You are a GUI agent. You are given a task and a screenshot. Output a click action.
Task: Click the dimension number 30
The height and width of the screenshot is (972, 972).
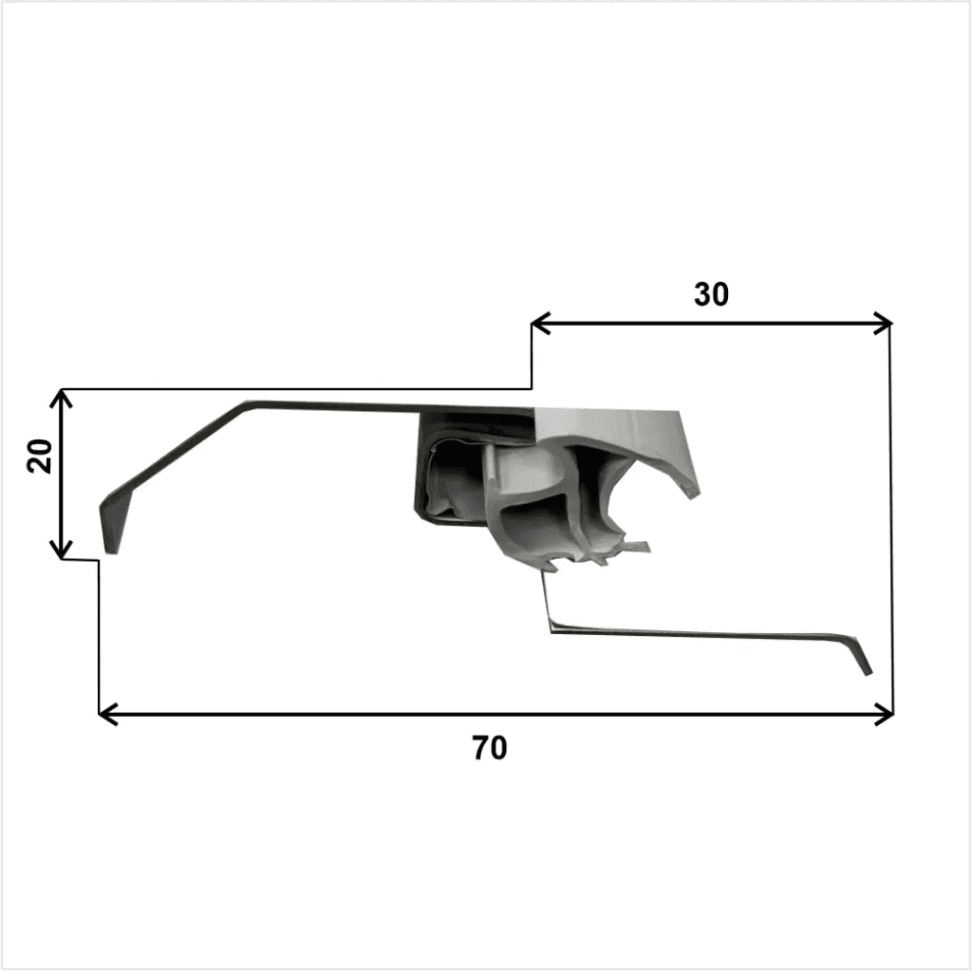711,294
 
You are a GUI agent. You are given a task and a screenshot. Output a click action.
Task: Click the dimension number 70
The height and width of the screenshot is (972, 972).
490,748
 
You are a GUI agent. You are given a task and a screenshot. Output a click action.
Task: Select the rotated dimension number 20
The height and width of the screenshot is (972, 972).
40,456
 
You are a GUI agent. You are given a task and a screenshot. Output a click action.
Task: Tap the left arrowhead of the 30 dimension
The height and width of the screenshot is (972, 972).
540,323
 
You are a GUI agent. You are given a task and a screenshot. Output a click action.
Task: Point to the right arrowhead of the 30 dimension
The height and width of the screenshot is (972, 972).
882,323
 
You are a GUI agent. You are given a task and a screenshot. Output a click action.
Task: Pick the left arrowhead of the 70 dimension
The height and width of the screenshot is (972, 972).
108,714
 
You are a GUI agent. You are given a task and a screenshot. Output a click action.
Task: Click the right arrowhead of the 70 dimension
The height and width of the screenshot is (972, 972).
884,714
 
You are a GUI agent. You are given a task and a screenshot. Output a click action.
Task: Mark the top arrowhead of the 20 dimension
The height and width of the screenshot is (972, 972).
61,399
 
